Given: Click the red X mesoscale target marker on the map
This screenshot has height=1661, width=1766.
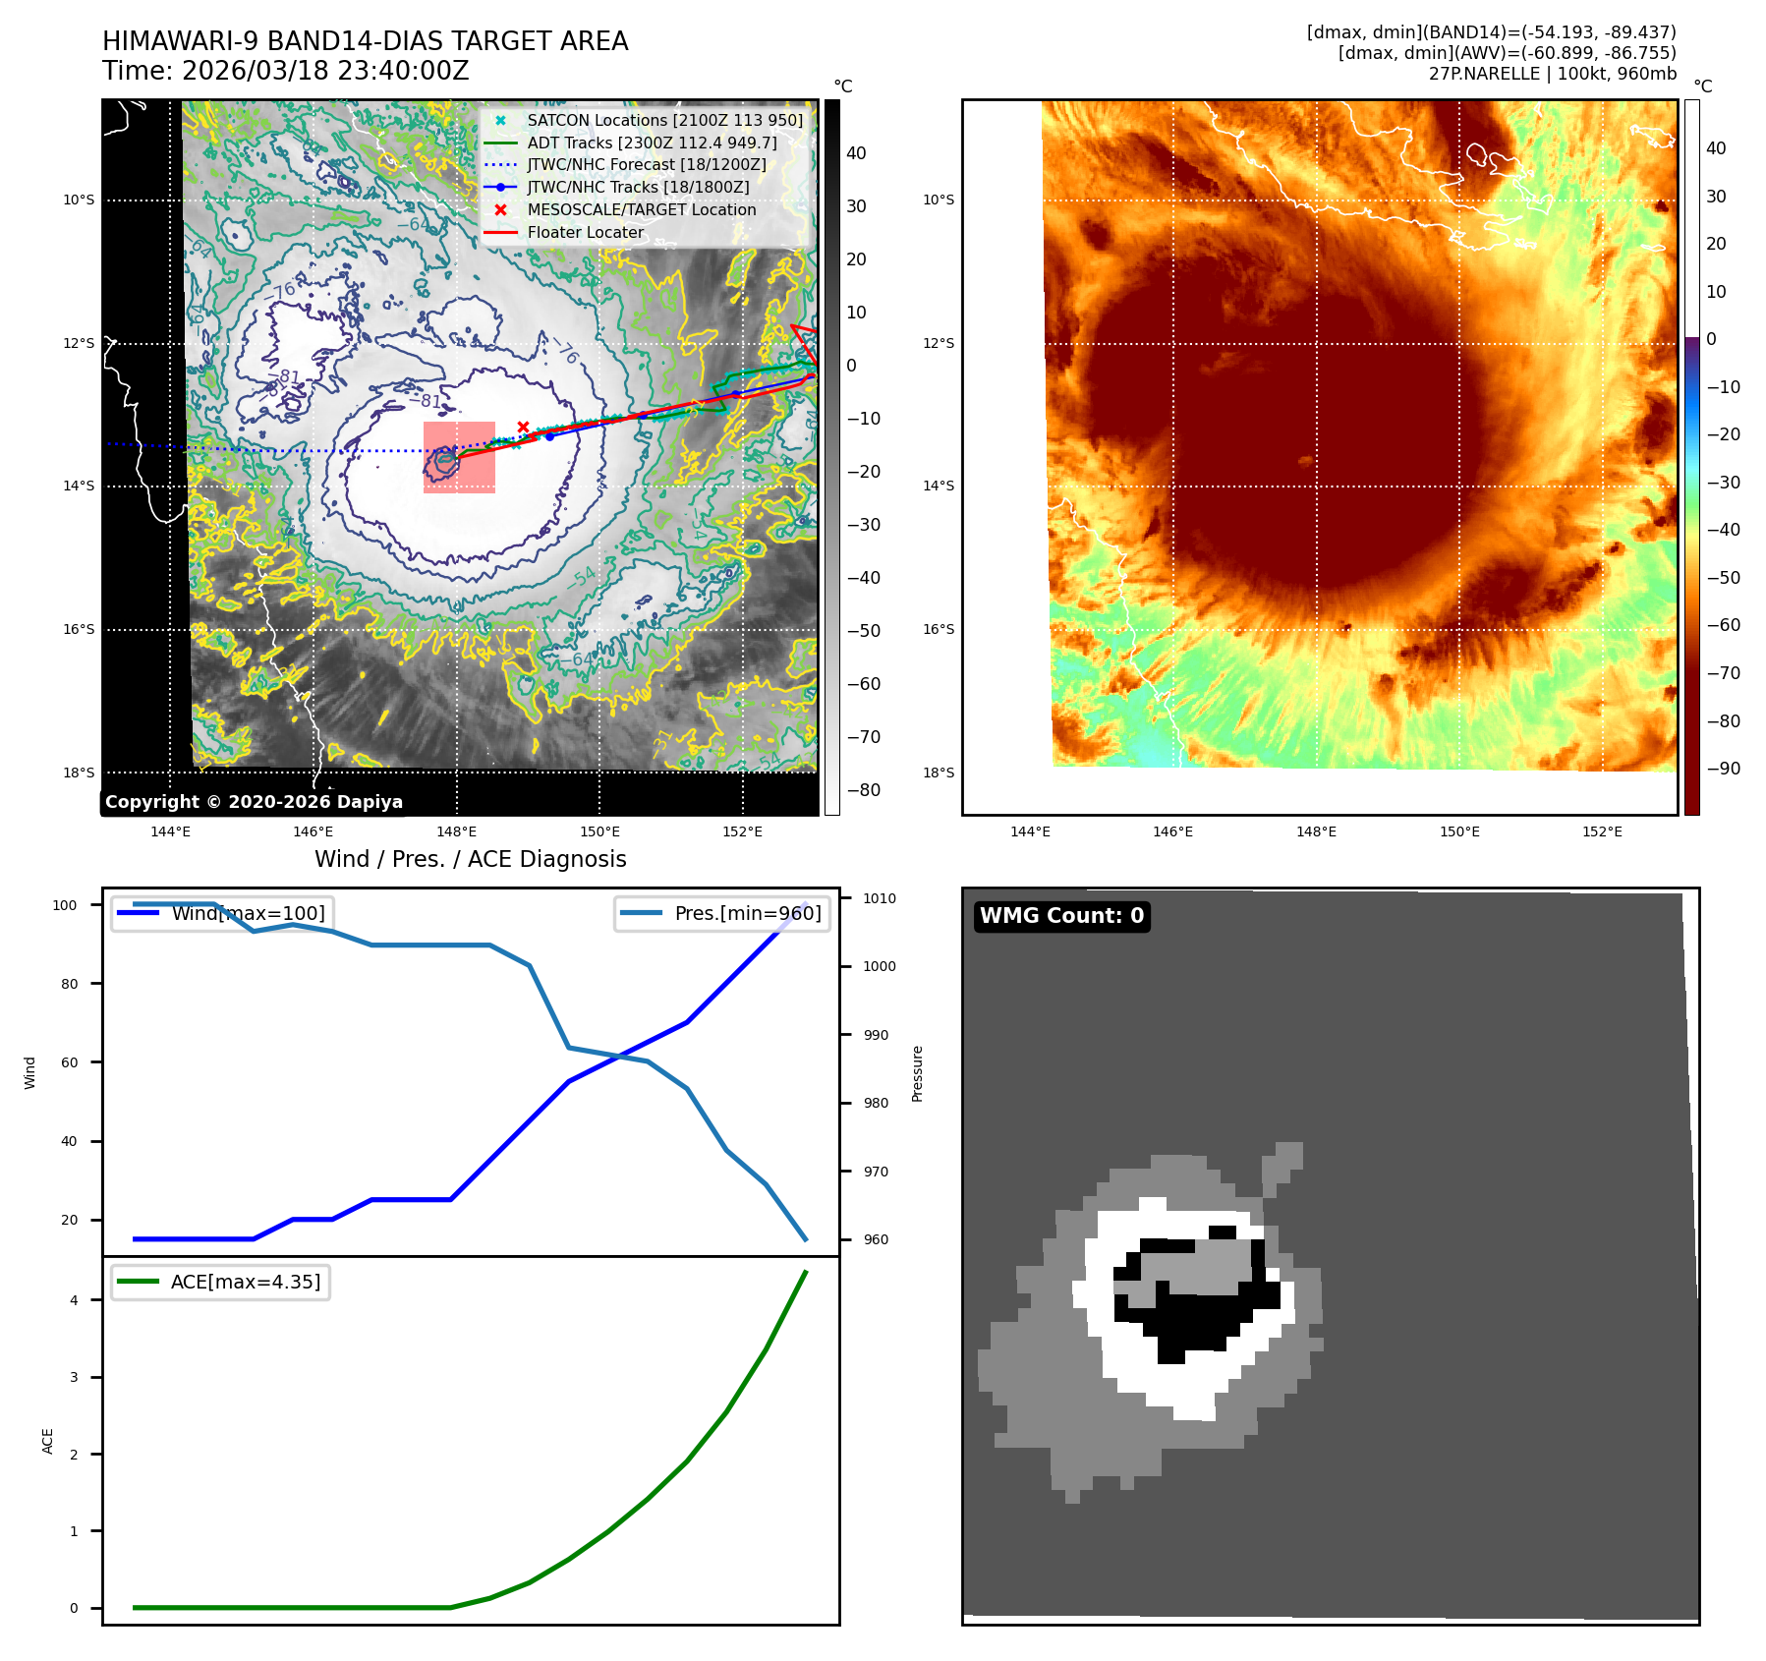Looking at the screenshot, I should tap(524, 427).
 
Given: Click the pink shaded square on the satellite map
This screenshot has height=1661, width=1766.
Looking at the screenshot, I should tap(459, 457).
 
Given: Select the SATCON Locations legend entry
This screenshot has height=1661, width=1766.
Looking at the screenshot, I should tap(664, 120).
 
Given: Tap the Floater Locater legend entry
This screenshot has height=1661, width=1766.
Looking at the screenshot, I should tap(585, 232).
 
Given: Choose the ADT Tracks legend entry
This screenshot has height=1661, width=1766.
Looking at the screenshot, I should tap(652, 143).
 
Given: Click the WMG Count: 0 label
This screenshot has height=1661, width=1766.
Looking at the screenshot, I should tap(1061, 916).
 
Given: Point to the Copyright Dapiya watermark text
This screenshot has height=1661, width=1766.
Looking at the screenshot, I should tap(254, 802).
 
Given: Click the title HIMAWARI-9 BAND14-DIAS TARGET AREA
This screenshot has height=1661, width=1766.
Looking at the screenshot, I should tap(365, 41).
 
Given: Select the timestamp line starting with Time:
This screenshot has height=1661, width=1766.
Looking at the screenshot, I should tap(285, 71).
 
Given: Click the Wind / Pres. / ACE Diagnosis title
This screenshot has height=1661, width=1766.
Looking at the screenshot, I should tap(470, 859).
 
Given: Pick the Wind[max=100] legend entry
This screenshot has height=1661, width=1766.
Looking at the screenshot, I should tap(248, 913).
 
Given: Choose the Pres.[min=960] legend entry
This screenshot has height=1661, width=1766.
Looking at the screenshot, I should tap(747, 913).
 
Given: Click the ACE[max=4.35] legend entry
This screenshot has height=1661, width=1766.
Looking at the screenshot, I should tap(245, 1282).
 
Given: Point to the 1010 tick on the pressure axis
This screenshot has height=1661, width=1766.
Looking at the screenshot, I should tap(879, 898).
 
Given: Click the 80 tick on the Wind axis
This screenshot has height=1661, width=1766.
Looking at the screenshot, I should tap(69, 984).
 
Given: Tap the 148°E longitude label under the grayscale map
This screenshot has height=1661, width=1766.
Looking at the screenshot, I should tap(456, 831).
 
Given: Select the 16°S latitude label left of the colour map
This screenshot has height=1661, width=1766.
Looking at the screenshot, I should tap(938, 629).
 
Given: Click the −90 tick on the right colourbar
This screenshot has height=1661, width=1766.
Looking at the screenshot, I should tap(1722, 769).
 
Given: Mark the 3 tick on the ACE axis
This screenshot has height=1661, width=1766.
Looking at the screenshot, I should tap(74, 1377).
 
